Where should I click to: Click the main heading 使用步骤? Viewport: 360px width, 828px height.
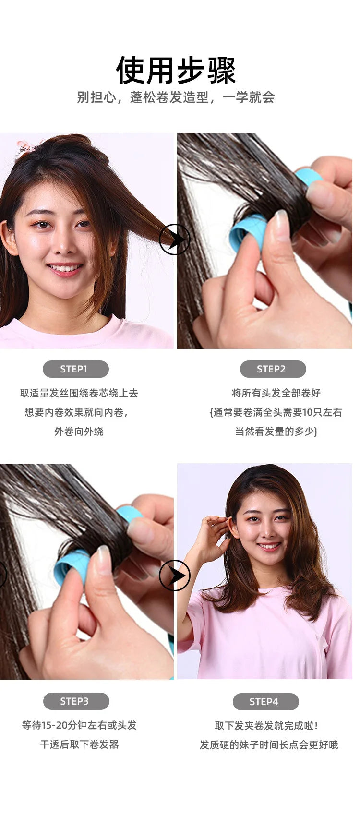[x=176, y=70]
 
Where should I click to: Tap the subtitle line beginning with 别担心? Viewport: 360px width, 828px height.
[x=176, y=97]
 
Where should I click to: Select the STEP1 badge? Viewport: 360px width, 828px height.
[x=75, y=369]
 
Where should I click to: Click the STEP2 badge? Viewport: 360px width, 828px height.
[x=273, y=369]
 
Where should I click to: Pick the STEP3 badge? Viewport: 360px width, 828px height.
[x=76, y=701]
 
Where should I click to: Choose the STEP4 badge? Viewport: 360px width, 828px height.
[x=265, y=702]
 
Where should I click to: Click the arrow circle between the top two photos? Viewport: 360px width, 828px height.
[x=175, y=240]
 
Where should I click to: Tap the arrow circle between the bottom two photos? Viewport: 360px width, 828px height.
[x=175, y=576]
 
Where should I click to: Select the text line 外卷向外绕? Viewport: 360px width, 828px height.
[x=79, y=432]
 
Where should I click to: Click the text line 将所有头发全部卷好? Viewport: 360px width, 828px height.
[x=276, y=393]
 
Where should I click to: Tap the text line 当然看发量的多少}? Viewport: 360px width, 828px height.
[x=276, y=432]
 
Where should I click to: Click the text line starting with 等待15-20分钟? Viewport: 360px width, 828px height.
[x=79, y=725]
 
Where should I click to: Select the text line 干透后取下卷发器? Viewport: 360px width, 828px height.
[x=79, y=744]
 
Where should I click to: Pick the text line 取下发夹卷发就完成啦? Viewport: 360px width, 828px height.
[x=266, y=726]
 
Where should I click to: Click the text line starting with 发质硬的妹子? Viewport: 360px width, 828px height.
[x=269, y=745]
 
